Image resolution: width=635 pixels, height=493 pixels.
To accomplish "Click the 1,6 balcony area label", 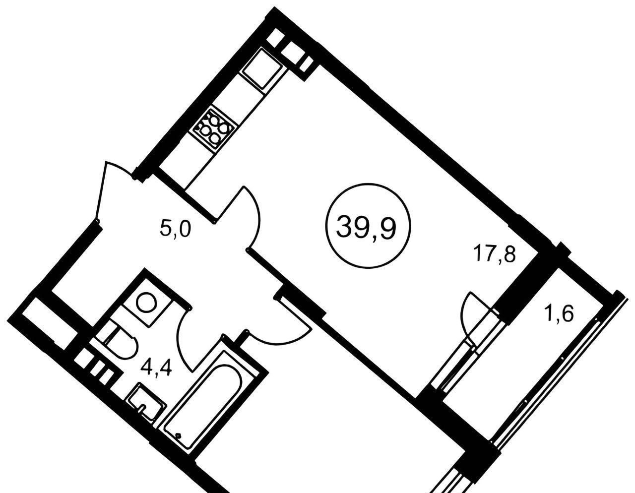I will (x=561, y=314).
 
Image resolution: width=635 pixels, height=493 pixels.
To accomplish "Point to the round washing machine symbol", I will (x=147, y=301).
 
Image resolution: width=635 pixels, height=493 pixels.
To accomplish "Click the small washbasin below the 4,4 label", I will (x=146, y=402).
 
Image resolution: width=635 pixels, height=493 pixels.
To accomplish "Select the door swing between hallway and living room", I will (x=246, y=213).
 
